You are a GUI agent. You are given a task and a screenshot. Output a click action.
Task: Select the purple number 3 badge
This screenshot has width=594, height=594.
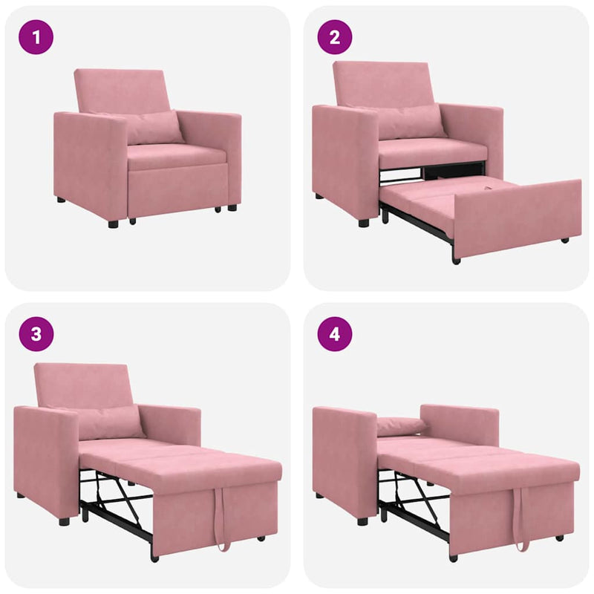[x=36, y=334]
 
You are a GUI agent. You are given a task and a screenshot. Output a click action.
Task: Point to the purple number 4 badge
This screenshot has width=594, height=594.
[x=334, y=334]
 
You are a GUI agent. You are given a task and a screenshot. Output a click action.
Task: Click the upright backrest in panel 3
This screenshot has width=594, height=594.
[x=83, y=385]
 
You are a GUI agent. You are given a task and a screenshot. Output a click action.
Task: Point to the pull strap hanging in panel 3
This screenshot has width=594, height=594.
[x=221, y=523]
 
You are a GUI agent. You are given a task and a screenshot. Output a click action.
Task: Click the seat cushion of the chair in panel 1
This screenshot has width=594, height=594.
[x=175, y=156]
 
